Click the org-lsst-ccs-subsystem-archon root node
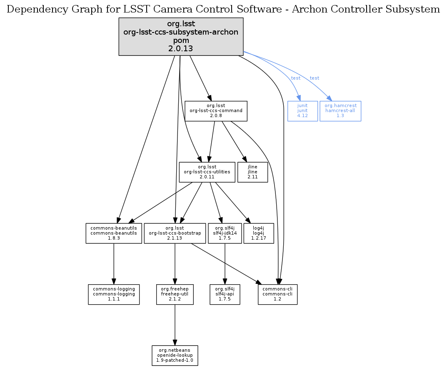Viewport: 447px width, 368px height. point(181,37)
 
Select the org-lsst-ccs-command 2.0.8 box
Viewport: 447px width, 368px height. point(216,111)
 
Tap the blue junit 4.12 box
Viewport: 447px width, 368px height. point(302,111)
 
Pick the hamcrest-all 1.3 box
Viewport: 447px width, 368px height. point(340,111)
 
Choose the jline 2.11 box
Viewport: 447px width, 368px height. point(252,172)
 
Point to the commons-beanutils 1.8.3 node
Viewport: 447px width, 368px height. point(113,233)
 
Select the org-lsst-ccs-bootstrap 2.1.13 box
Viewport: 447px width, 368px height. point(175,233)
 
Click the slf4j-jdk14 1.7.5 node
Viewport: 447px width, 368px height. point(225,233)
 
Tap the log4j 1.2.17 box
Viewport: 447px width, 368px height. point(259,233)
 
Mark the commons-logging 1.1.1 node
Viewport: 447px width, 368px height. point(113,294)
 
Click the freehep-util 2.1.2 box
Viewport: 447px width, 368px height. point(175,294)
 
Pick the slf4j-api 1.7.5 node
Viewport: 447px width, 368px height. point(225,294)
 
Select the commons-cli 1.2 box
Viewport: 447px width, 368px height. point(277,294)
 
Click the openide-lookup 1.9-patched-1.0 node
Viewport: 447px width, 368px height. point(175,355)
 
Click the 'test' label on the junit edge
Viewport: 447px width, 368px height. point(295,78)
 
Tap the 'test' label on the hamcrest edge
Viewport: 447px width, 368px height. point(315,78)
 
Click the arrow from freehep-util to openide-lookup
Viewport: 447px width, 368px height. point(175,325)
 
